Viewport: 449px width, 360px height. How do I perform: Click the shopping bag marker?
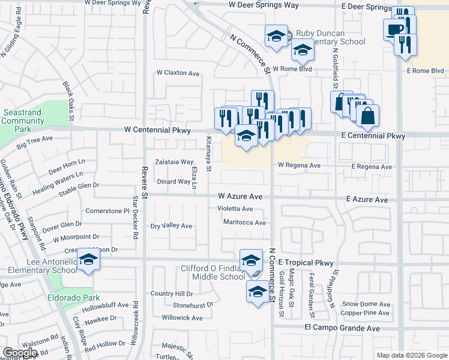(367, 114)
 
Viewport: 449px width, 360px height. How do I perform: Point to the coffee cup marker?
(394, 29)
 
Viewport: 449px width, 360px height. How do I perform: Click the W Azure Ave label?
(240, 196)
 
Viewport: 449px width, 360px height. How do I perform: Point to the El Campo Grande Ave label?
(342, 328)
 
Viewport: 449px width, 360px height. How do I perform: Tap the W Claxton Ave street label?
(178, 73)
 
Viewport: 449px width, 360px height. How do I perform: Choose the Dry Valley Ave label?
(171, 226)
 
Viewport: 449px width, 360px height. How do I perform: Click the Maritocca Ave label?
(244, 223)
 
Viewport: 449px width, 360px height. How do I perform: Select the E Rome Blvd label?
(425, 71)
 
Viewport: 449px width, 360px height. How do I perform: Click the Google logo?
(20, 353)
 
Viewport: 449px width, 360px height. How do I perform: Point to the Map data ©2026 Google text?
(411, 355)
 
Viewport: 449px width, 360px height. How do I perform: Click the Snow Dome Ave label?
(366, 304)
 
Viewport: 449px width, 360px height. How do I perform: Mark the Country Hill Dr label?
(172, 294)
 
